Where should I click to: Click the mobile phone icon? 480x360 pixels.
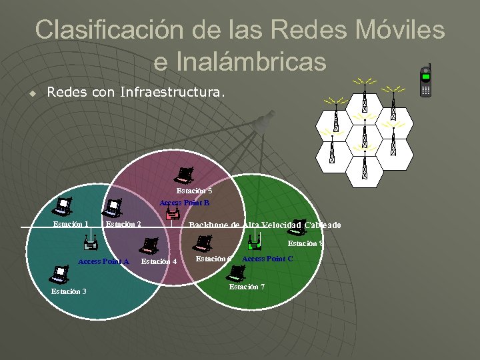[425, 81]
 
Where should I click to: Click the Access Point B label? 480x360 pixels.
[184, 203]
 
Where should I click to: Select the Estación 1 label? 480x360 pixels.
[71, 224]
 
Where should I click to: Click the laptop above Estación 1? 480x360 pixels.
[63, 207]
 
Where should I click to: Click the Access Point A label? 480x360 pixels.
[103, 261]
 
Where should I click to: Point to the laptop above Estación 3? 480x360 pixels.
[59, 274]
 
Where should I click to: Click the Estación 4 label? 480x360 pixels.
[159, 262]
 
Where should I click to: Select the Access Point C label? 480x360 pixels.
[267, 259]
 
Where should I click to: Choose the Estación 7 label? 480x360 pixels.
[247, 287]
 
